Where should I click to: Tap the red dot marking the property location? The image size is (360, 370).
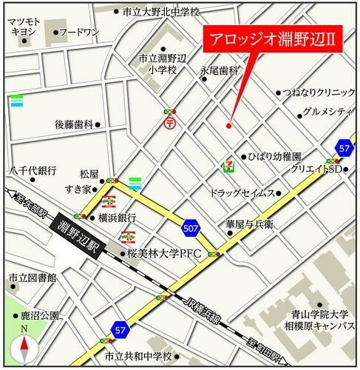click(x=228, y=125)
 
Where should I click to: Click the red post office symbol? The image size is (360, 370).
click(x=170, y=124)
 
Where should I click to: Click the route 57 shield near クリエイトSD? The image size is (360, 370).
click(x=342, y=148)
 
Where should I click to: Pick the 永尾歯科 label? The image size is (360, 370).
click(x=220, y=70)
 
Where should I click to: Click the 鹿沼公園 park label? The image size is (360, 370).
click(x=38, y=315)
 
